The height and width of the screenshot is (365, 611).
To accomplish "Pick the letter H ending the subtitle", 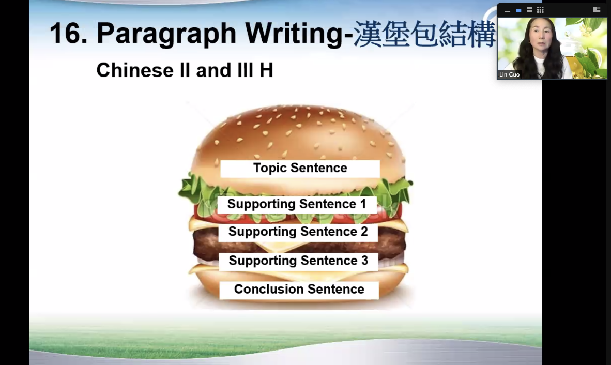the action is pos(266,70).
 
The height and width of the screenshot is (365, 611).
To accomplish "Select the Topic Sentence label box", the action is pos(300,169).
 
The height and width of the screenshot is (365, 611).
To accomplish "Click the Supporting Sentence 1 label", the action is pos(297,205).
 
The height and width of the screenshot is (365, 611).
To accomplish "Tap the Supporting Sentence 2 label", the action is pos(298,232).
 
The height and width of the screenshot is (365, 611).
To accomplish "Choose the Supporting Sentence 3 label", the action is pos(298,262).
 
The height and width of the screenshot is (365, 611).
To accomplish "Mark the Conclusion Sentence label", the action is pos(299,290).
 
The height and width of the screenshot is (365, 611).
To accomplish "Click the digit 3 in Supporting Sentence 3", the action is pos(364,261).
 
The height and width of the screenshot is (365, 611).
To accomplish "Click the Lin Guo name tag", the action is pos(509,74).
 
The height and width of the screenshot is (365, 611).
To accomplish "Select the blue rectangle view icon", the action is pos(518,10).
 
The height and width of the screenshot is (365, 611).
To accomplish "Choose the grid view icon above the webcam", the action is pos(540,10).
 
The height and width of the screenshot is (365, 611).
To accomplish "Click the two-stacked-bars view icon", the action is pos(529,10).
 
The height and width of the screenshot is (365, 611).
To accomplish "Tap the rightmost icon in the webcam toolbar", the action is pos(596,10).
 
